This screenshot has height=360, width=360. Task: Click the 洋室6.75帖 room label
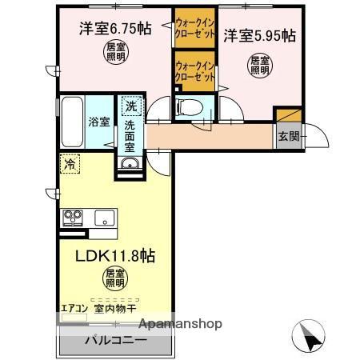(x=115, y=30)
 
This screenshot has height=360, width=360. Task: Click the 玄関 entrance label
(x=288, y=136)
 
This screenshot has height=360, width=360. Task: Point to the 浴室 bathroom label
(x=99, y=123)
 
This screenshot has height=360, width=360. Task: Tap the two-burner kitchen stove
(x=72, y=217)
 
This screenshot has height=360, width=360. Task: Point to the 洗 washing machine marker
(x=130, y=106)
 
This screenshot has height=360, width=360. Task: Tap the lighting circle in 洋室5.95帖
(x=258, y=64)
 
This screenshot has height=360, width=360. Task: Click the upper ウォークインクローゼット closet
(x=194, y=30)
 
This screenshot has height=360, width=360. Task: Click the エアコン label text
(x=74, y=306)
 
